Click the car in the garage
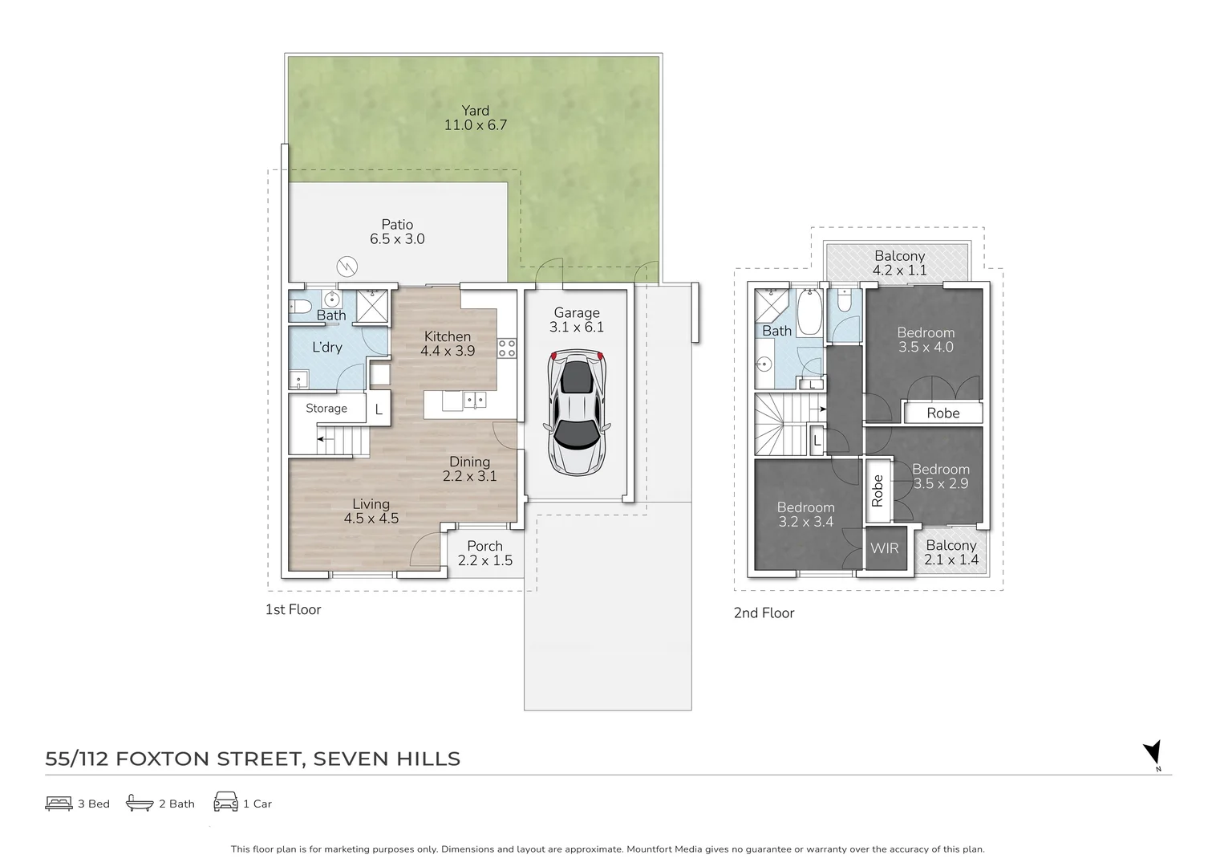[577, 413]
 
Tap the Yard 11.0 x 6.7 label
[476, 118]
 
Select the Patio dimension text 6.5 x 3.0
[397, 239]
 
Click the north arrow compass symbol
[1153, 754]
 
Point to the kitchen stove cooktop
[507, 348]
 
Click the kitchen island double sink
[475, 401]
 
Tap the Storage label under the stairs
[326, 409]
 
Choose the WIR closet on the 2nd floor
[885, 548]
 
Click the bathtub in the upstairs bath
[809, 311]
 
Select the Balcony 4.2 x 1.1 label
[899, 263]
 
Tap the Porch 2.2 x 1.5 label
[484, 553]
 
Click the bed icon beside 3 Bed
[59, 804]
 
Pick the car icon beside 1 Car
[226, 802]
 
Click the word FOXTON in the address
[162, 759]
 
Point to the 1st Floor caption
[293, 609]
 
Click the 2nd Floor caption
[764, 613]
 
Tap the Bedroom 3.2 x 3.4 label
[805, 515]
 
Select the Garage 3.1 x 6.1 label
[577, 320]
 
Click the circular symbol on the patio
[347, 267]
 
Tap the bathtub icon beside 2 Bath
[140, 802]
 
